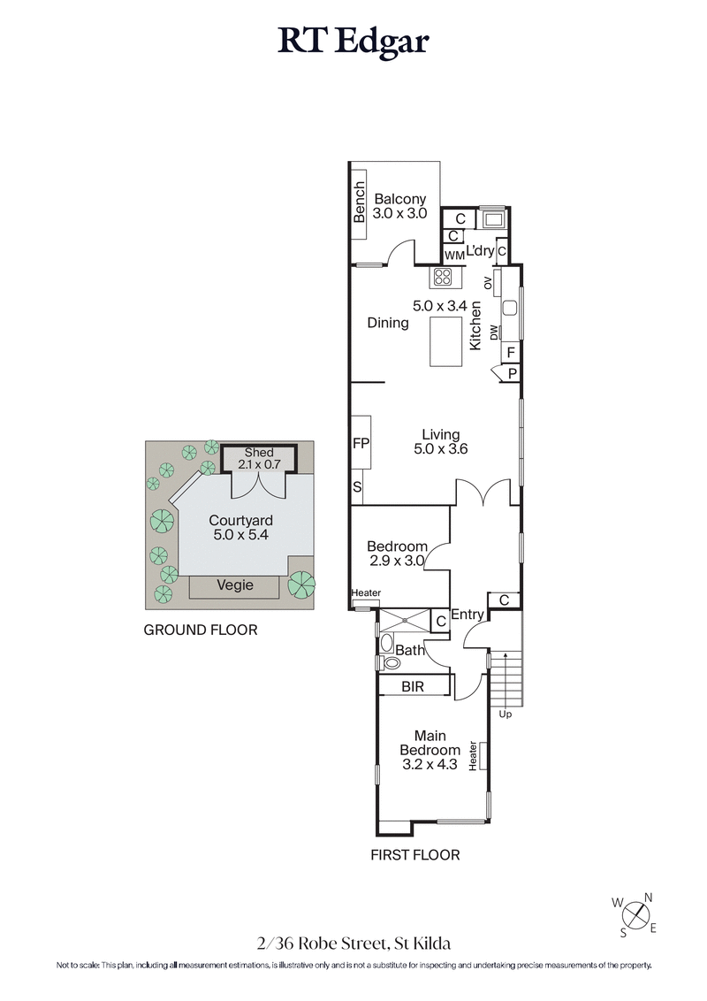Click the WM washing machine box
click(454, 255)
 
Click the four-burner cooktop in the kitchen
click(443, 278)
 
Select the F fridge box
click(511, 352)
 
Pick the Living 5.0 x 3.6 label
click(440, 441)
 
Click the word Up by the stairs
click(505, 714)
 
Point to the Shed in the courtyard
click(260, 458)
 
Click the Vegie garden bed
click(236, 585)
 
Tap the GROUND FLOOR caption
click(201, 630)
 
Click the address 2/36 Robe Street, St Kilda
click(353, 944)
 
